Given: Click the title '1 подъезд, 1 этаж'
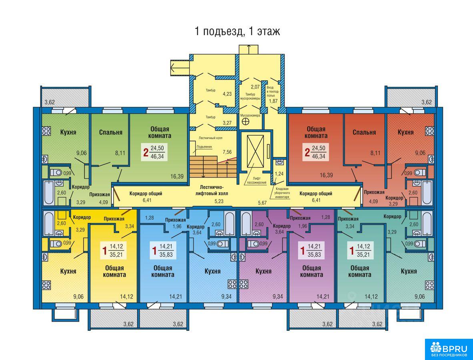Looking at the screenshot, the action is coord(237,31).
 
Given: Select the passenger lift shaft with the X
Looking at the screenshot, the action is coord(255,151).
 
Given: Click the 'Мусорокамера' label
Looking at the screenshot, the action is coord(250,116).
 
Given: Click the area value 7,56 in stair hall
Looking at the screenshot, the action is coord(227,152).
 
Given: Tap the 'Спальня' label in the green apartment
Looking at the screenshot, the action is coord(111,132).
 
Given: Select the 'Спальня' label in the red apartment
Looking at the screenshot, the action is coord(364,132).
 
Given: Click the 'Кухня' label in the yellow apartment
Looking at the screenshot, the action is coord(68,271).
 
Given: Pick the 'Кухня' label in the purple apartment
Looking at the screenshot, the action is coord(263,271).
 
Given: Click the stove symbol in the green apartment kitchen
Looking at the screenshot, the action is coord(46,130).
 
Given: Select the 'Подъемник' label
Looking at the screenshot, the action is coord(204,147).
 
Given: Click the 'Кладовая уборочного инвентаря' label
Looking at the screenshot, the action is coord(283,193).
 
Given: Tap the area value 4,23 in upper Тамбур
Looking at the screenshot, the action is coord(227,94).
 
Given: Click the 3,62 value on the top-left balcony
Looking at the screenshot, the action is coord(50,102).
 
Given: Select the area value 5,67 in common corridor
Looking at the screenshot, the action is coord(263,203).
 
